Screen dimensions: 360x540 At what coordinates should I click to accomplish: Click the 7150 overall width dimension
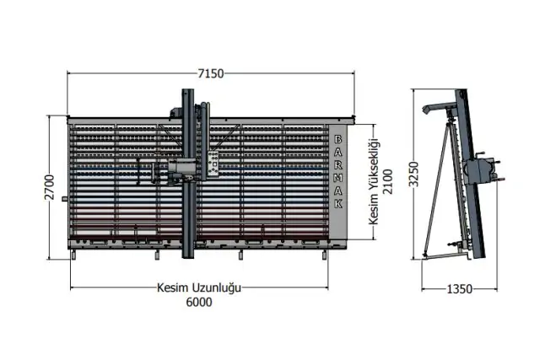click(210, 74)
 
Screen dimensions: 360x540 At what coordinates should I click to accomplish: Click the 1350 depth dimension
click(461, 289)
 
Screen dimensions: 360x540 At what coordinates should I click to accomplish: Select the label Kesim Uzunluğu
click(199, 287)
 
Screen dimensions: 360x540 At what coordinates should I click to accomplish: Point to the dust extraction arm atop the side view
click(440, 108)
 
